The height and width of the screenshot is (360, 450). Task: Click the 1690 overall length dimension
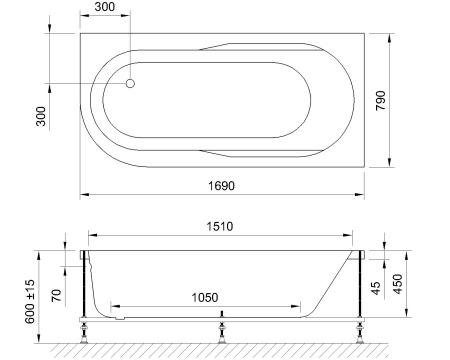224,184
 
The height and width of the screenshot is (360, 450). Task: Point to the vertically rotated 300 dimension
41,117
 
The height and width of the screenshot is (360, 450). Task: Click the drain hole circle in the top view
130,84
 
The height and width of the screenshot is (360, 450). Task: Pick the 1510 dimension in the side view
221,227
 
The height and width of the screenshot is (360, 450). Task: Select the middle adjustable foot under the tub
221,329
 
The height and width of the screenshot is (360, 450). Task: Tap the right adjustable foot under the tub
358,329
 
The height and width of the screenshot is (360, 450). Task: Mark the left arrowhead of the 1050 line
113,305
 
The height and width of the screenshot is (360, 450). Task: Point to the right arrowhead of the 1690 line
364,193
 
